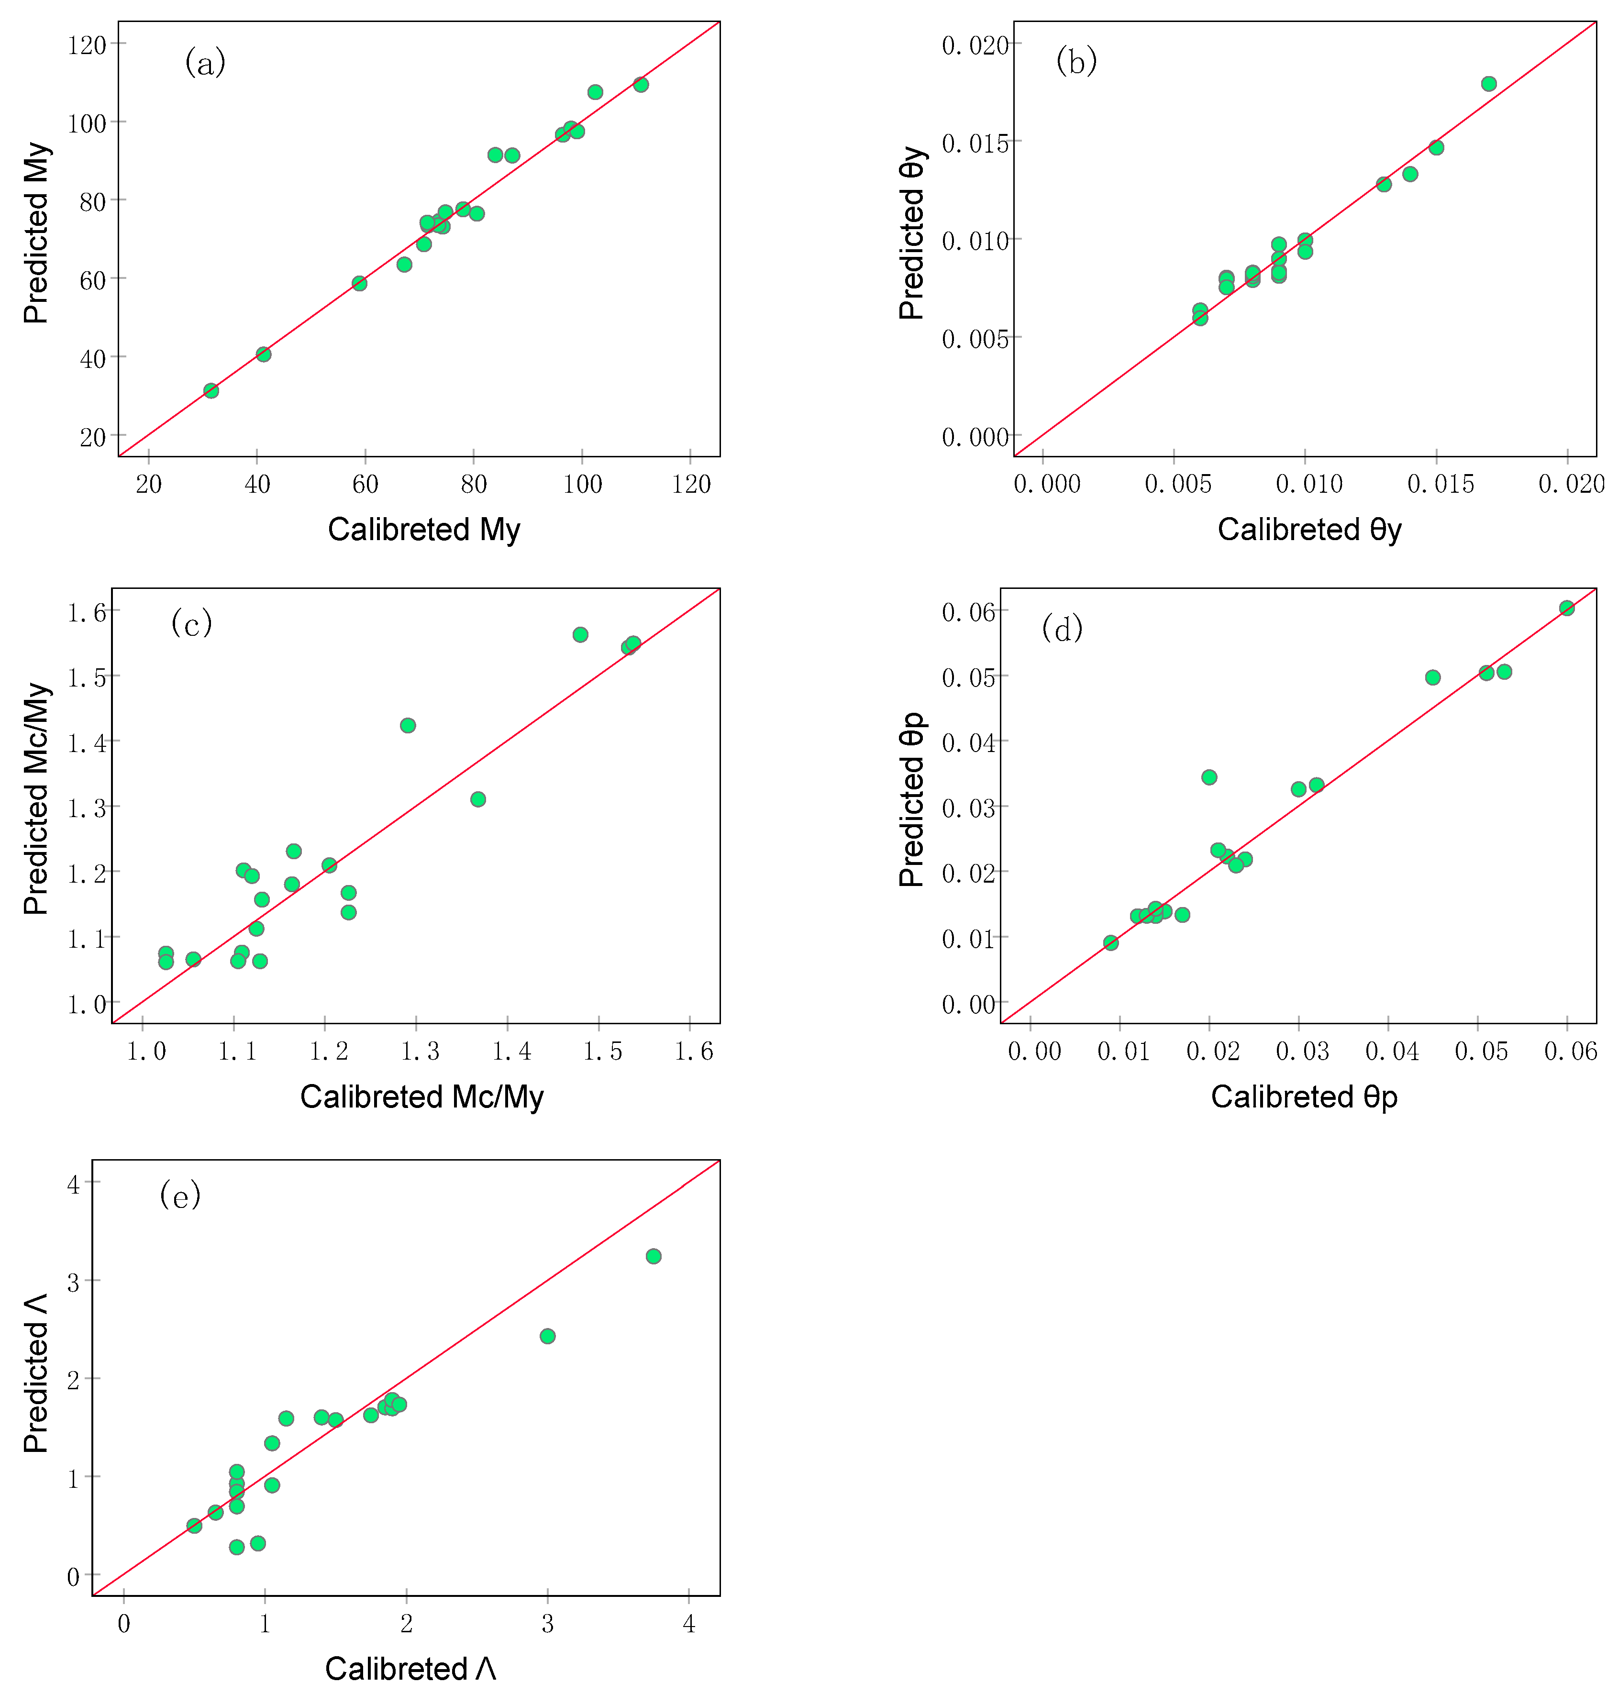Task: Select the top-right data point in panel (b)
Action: click(1489, 84)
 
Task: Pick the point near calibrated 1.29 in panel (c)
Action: click(408, 725)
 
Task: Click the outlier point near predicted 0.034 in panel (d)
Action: click(1209, 777)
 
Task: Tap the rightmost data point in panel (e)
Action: click(654, 1256)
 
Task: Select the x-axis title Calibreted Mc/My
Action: click(422, 1096)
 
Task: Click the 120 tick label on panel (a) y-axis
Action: click(86, 45)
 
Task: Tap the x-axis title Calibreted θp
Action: click(1304, 1096)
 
